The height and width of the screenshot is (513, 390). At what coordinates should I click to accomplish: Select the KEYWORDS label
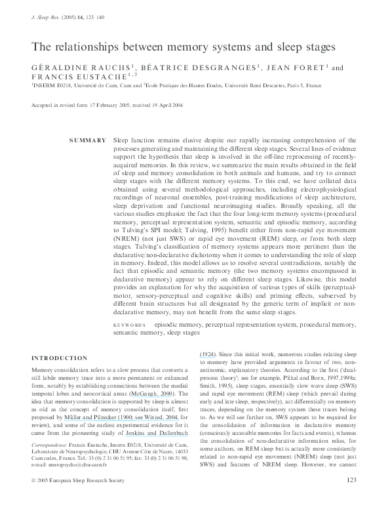tap(129, 325)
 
